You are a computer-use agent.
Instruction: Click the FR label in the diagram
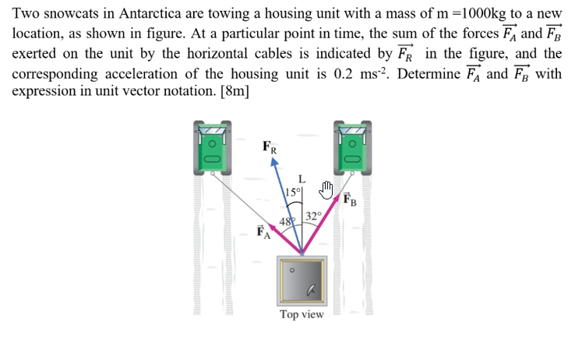269,145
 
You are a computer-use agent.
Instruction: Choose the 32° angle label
313,217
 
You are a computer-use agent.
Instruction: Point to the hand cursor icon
326,189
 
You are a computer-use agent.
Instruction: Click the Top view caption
302,315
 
